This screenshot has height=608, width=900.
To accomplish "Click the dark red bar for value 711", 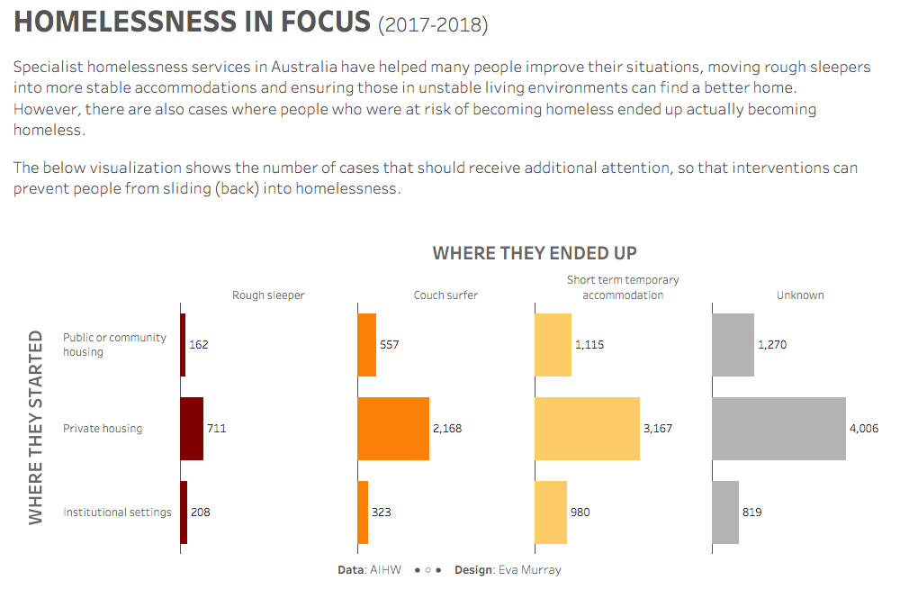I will coord(192,429).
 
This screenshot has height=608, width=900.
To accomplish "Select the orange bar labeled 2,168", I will coord(393,429).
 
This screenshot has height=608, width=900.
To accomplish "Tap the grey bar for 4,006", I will coord(778,429).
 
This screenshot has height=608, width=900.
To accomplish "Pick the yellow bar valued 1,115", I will coord(553,345).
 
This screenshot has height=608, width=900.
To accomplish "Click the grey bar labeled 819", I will coord(725,513).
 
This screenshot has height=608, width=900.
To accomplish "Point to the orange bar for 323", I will coord(363,513).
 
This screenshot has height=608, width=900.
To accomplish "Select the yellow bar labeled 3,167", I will coord(587,429).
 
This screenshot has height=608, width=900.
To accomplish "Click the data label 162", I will coord(199,345).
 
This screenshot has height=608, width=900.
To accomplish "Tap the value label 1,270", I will coord(772,345).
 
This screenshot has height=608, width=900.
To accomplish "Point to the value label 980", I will coord(581,513).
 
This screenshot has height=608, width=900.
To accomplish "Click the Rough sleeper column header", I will coord(268,295).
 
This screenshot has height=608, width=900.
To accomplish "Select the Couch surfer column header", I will coord(445,295).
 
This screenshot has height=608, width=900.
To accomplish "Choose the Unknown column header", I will coord(800,295).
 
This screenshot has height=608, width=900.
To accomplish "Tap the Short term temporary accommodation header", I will coord(623,287).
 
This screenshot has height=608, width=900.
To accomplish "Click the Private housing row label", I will coord(103,429).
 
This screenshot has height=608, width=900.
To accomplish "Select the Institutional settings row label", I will coord(117,513).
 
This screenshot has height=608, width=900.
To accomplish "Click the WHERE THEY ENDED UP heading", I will coord(535,253).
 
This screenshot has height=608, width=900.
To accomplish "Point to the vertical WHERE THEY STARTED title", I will coord(36,427).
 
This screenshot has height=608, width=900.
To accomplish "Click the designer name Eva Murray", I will coord(529,570).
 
